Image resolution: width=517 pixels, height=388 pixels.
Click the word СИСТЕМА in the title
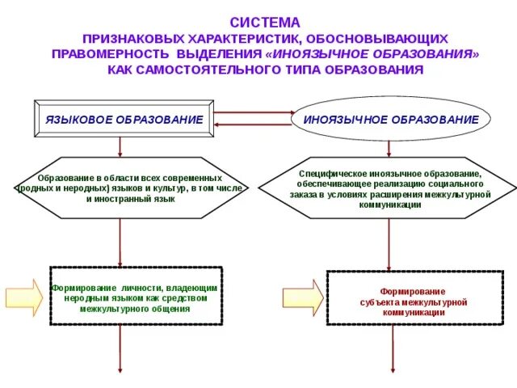(265, 23)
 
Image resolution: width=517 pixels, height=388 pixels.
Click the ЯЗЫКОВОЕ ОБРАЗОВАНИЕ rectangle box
(123, 119)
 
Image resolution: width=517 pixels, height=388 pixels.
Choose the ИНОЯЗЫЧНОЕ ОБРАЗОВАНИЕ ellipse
(390, 119)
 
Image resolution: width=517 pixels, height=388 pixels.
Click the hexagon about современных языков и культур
(120, 188)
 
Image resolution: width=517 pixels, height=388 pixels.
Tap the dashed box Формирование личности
(136, 296)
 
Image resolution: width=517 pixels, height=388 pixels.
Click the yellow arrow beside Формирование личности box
(25, 297)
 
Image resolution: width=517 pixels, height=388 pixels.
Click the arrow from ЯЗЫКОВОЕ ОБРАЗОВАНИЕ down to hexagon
(120, 146)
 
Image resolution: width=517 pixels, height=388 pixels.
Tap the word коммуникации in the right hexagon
(390, 205)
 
